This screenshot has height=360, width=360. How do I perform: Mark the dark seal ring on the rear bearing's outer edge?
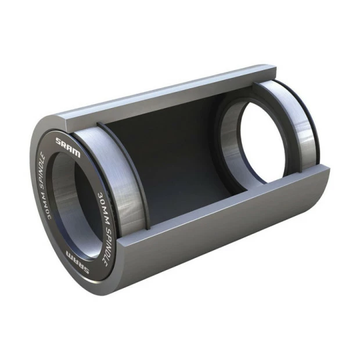click(x=317, y=125)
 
